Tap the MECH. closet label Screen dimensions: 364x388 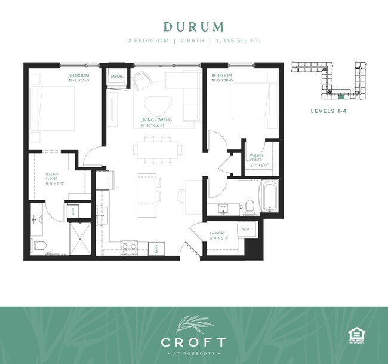click(116, 77)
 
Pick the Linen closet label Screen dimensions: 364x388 click(75, 210)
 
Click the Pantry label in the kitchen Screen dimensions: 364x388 click(156, 249)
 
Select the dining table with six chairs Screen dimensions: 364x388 click(156, 149)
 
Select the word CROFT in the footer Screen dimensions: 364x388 click(193, 342)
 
